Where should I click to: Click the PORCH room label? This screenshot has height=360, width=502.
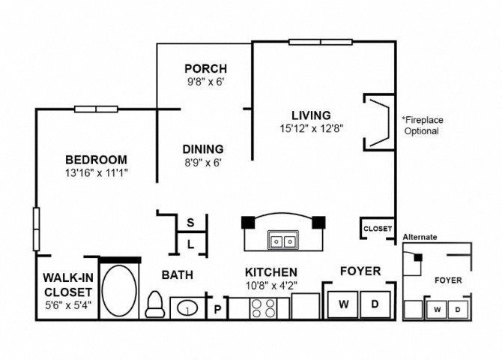[206, 68]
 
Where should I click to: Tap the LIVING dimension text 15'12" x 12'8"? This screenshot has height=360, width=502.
[312, 128]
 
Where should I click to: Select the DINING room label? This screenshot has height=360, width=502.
[203, 149]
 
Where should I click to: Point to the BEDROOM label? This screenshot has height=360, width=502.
[96, 160]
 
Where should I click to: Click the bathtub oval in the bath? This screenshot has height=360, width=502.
[119, 291]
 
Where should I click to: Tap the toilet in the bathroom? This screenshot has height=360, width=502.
[155, 304]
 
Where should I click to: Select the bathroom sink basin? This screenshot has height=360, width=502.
[187, 308]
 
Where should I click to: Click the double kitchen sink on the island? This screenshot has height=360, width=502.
[283, 240]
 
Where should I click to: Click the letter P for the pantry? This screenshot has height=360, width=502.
[217, 309]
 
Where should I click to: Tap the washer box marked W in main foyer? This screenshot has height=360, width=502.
[343, 304]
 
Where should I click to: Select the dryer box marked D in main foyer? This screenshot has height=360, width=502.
[375, 304]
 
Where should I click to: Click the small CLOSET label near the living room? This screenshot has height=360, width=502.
[378, 229]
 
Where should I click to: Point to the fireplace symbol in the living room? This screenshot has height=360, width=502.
[379, 122]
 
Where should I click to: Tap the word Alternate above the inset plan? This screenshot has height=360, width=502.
[420, 237]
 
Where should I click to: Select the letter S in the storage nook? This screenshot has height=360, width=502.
[190, 223]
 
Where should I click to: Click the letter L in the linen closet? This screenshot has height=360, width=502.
[190, 245]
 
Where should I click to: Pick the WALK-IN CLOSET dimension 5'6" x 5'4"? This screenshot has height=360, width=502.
[68, 305]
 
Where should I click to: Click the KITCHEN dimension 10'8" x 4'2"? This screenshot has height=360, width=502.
[271, 285]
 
